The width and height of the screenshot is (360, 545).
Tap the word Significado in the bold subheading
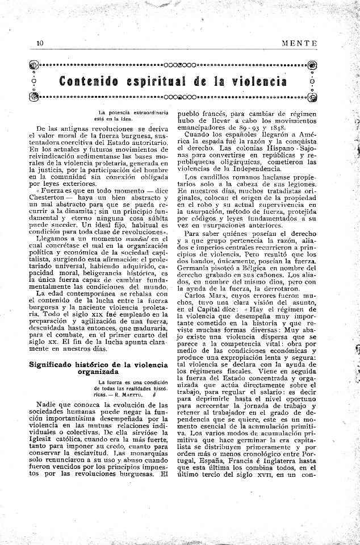click(x=56, y=363)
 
